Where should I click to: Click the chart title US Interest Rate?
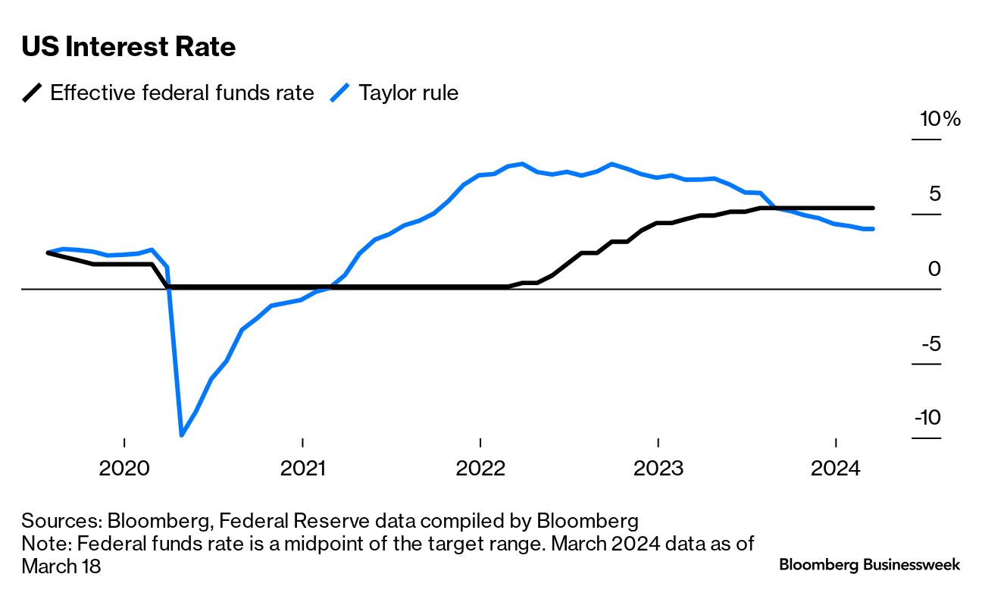tap(129, 47)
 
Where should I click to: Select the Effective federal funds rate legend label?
tap(182, 93)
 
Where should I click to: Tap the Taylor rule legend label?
tap(408, 93)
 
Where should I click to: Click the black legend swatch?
tap(33, 93)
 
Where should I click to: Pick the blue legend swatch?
tap(341, 93)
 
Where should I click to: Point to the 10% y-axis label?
tap(940, 119)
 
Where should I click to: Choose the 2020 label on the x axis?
tap(124, 469)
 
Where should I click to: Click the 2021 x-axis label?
tap(302, 469)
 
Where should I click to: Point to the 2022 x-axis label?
tap(480, 469)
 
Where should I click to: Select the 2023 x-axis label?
tap(658, 469)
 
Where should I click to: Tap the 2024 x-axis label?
tap(836, 469)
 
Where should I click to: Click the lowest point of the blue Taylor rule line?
tap(182, 434)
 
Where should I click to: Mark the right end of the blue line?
tap(873, 229)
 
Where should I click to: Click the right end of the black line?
tap(873, 208)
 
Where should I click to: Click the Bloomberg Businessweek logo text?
tap(869, 565)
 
